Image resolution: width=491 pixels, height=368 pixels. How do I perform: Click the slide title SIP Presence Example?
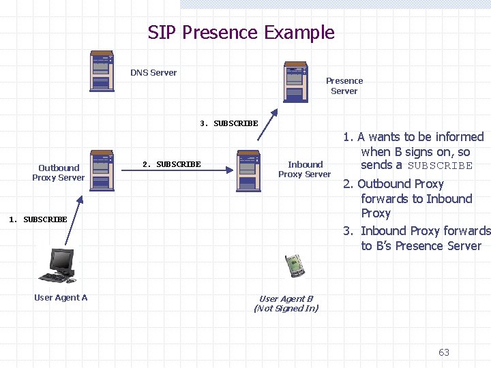(x=241, y=33)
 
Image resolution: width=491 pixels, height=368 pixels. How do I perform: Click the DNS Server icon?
(x=102, y=71)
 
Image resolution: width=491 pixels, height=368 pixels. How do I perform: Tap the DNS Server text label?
(x=153, y=73)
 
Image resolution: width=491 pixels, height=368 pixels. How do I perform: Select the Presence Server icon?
(x=297, y=81)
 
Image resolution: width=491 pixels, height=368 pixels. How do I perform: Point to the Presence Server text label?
(x=344, y=86)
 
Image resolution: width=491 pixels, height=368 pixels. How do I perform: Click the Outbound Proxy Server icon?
(x=102, y=170)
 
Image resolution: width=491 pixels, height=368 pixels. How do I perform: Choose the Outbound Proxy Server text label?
(x=59, y=172)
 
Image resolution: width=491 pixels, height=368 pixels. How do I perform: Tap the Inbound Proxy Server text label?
(x=305, y=169)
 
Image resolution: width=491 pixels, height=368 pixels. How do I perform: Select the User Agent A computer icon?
(x=58, y=266)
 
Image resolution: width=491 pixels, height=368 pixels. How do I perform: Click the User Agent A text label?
(x=61, y=297)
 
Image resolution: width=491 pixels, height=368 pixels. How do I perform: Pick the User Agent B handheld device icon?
(x=294, y=265)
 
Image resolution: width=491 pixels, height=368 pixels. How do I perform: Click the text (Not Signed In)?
(x=286, y=308)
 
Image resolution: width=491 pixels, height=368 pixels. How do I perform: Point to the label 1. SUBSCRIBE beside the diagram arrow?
(x=38, y=219)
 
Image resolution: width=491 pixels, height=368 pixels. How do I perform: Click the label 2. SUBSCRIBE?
(x=172, y=164)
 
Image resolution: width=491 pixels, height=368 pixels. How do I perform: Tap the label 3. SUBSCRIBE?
(x=229, y=123)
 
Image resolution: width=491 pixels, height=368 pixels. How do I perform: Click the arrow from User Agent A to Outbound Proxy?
(x=74, y=219)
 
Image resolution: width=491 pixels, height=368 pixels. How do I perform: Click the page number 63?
(x=444, y=352)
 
